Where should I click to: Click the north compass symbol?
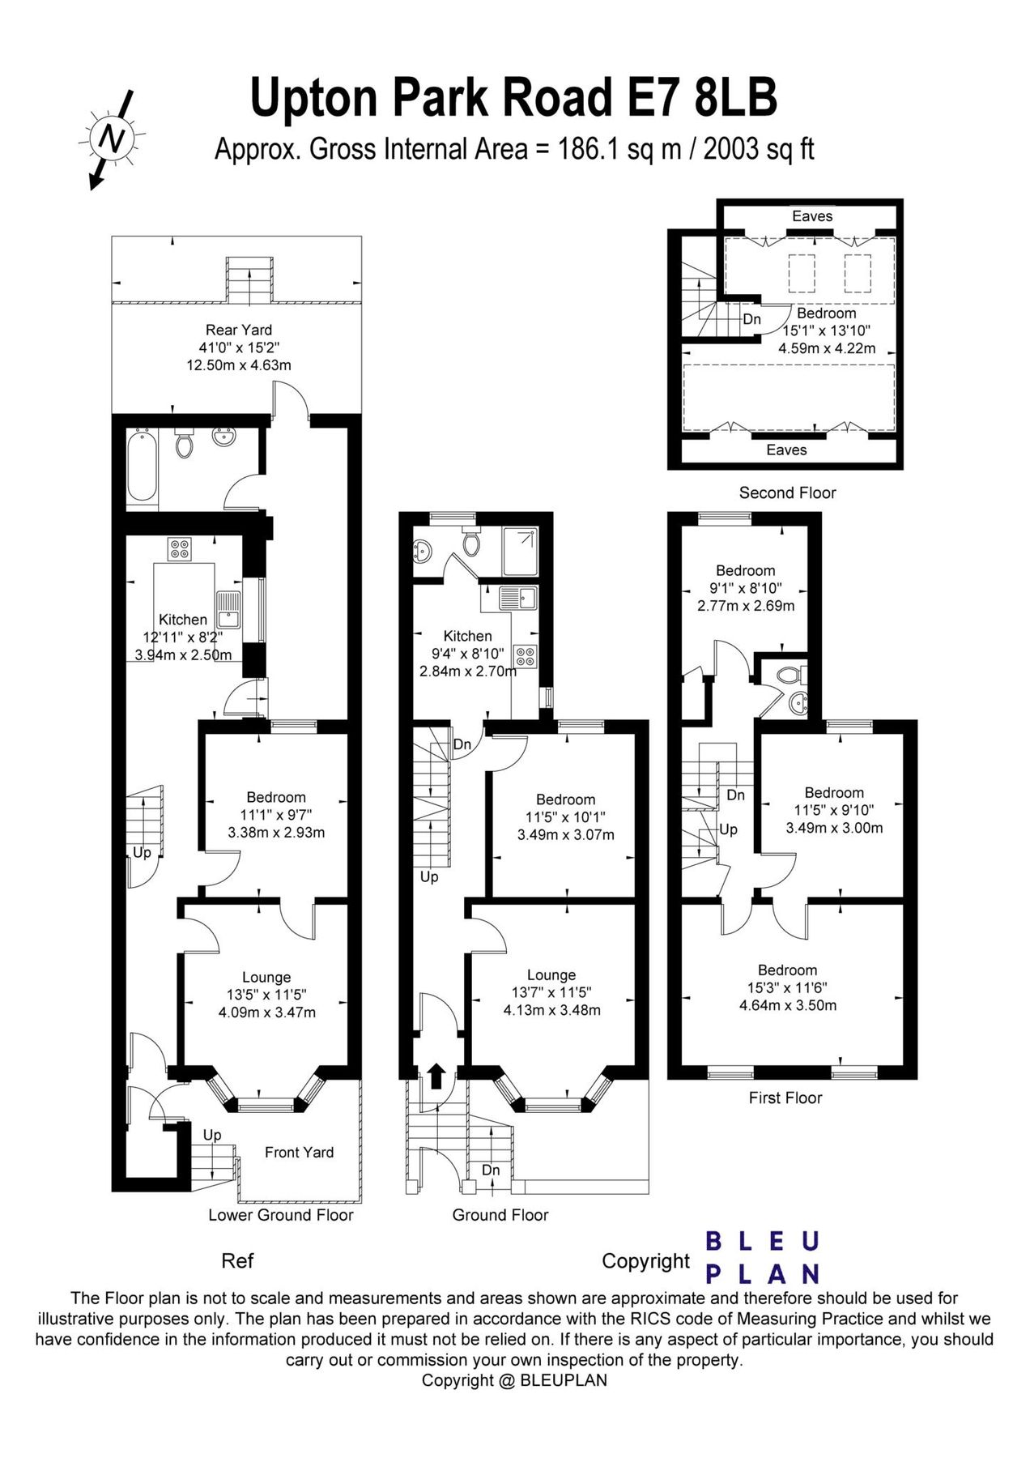point(112,139)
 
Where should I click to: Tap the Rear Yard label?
point(238,330)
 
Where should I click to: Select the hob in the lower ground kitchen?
point(180,549)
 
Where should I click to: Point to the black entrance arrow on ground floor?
point(436,1076)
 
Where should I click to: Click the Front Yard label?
point(299,1152)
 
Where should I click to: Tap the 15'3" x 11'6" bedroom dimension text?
point(787,987)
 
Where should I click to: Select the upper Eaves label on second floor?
point(811,216)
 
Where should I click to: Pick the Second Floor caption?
point(787,492)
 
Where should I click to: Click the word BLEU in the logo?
point(763,1241)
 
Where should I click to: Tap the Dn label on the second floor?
point(751,319)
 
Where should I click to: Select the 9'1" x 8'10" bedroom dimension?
point(745,588)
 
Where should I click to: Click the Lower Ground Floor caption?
point(280,1215)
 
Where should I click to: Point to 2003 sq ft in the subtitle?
point(759,149)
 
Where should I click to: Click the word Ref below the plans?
point(237,1261)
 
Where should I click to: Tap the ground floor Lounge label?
point(551,975)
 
